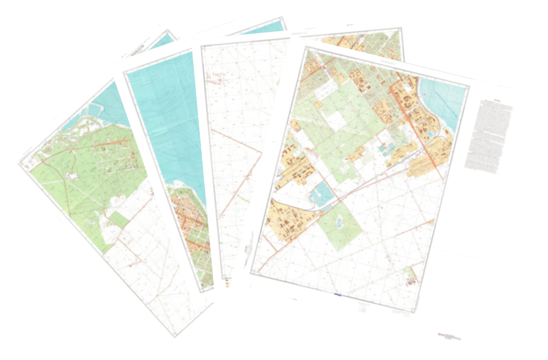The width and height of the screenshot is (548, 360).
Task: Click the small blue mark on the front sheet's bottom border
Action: point(337,295)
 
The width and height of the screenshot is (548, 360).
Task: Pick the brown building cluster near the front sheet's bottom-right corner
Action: point(411,280)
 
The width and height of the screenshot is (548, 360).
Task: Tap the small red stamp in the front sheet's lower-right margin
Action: point(449,336)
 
